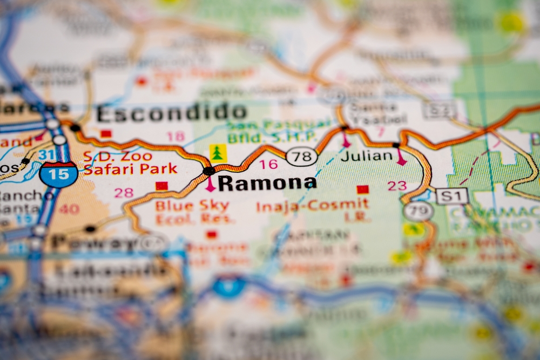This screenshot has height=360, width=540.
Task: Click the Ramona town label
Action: coord(267,183)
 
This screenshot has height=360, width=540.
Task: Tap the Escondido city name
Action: coord(172,113)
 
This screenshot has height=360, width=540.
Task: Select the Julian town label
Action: coord(367,156)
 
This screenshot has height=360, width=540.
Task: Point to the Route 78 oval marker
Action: coord(301,157)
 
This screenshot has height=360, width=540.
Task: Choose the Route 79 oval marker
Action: coord(418,212)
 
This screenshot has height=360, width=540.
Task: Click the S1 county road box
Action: coord(451,195)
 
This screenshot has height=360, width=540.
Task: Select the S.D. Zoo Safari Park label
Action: coord(130,162)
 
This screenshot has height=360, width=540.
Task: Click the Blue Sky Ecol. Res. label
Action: coord(193,212)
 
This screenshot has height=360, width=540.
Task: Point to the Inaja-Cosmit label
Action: coord(313,205)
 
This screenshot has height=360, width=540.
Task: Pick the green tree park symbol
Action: coord(218,153)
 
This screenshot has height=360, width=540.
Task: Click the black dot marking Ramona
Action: coord(208,171)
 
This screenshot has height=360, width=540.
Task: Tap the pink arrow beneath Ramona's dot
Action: coord(210,185)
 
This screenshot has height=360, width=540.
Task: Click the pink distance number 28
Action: coord(124,193)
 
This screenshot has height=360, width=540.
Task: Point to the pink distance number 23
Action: coord(397,186)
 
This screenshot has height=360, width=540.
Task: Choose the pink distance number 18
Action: coord(175,136)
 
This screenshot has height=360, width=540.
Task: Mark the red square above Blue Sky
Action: coord(161,186)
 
